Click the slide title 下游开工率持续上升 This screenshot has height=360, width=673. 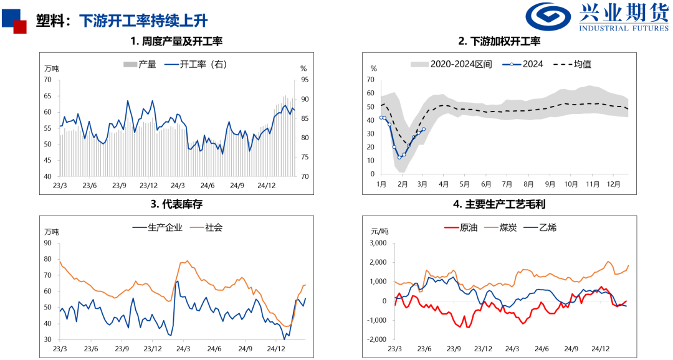click(143, 21)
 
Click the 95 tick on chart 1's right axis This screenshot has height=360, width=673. click(303, 80)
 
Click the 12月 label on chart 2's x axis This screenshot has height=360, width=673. click(614, 184)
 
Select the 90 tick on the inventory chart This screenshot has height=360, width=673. click(47, 243)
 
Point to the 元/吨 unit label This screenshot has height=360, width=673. click(379, 231)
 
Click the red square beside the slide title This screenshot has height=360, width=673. click(20, 27)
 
